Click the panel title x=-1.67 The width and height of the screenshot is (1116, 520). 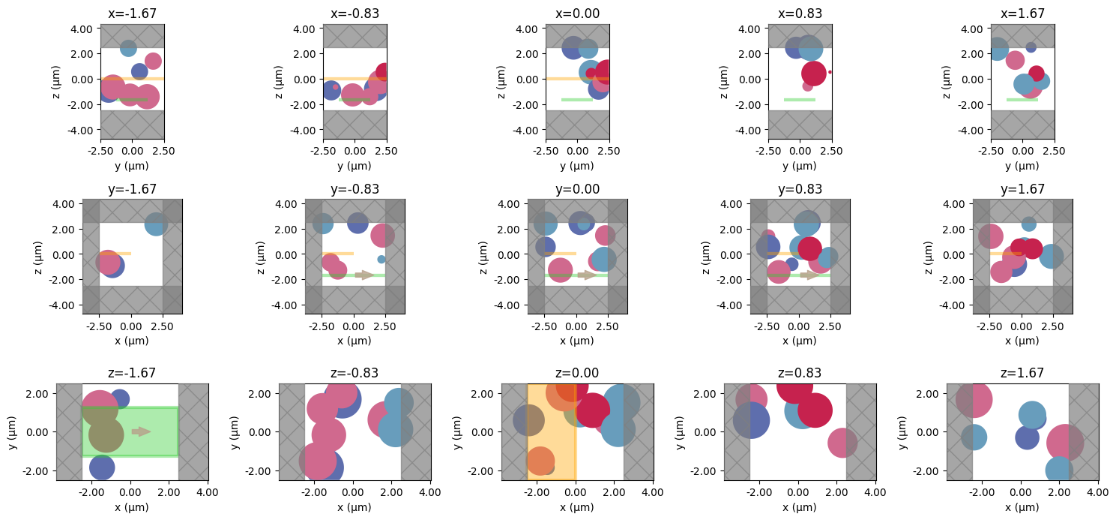[x=132, y=14]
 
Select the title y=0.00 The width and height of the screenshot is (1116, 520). [x=577, y=189]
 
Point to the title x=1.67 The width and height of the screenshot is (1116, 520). [x=1022, y=14]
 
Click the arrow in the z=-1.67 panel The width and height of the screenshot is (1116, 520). [x=141, y=431]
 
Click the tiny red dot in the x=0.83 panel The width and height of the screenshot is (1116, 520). [x=830, y=72]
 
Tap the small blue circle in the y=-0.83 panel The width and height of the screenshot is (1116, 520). [x=381, y=260]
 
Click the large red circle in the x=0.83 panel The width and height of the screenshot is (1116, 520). [x=814, y=74]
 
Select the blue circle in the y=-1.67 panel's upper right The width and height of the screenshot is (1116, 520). [x=156, y=224]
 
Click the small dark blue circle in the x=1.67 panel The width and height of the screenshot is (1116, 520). [x=1031, y=47]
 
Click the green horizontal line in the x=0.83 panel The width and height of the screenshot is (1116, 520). [x=799, y=100]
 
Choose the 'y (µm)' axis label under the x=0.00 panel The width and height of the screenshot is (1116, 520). [x=577, y=165]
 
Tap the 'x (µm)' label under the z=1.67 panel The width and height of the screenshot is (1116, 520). [x=1022, y=507]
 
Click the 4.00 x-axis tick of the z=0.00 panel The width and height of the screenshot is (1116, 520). [x=652, y=493]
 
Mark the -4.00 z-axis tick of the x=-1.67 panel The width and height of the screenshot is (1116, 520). [x=82, y=130]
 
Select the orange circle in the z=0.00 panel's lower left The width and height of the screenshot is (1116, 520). [x=540, y=461]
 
